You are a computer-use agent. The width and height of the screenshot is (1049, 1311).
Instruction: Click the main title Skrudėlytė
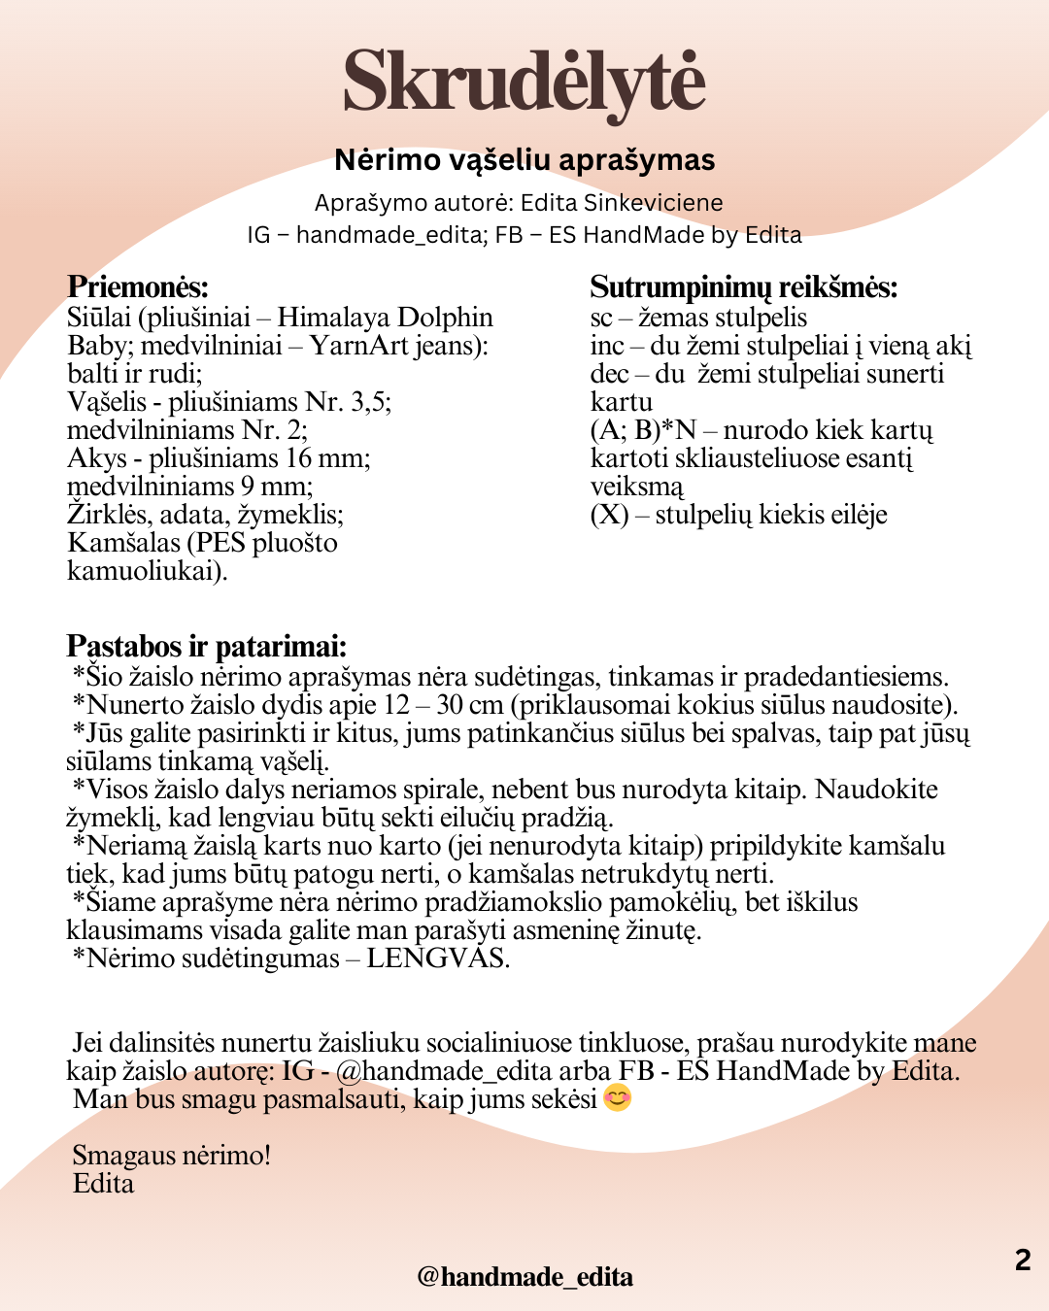click(524, 83)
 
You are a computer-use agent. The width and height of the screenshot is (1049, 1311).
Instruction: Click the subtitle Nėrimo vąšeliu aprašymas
click(524, 160)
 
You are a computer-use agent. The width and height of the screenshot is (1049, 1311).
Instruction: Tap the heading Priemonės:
click(137, 286)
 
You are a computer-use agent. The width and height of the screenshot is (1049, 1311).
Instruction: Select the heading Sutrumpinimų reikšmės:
click(743, 286)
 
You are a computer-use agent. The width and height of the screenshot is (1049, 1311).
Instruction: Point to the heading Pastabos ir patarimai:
click(206, 646)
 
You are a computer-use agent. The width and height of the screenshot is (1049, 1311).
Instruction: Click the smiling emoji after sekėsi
click(618, 1098)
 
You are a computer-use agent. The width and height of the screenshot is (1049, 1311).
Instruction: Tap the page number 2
click(1022, 1260)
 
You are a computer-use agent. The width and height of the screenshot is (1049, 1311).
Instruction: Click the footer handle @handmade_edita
click(524, 1277)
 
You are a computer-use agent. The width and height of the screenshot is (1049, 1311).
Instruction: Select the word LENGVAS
click(436, 958)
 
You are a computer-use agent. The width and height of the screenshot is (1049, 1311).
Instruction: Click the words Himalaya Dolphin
click(385, 318)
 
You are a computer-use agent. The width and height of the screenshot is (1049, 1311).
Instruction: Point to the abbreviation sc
click(601, 319)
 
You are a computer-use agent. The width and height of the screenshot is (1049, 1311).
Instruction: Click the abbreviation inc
click(606, 346)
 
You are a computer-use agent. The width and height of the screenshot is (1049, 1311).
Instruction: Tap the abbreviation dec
click(608, 374)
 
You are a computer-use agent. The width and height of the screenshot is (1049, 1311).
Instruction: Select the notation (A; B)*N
click(643, 430)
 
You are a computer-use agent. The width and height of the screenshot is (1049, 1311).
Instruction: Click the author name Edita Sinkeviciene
click(622, 203)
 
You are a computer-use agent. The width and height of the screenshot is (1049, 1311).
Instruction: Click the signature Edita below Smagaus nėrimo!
click(103, 1184)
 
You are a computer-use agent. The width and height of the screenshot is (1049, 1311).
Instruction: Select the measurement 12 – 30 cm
click(444, 705)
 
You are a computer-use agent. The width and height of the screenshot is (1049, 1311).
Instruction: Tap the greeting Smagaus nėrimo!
click(171, 1156)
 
